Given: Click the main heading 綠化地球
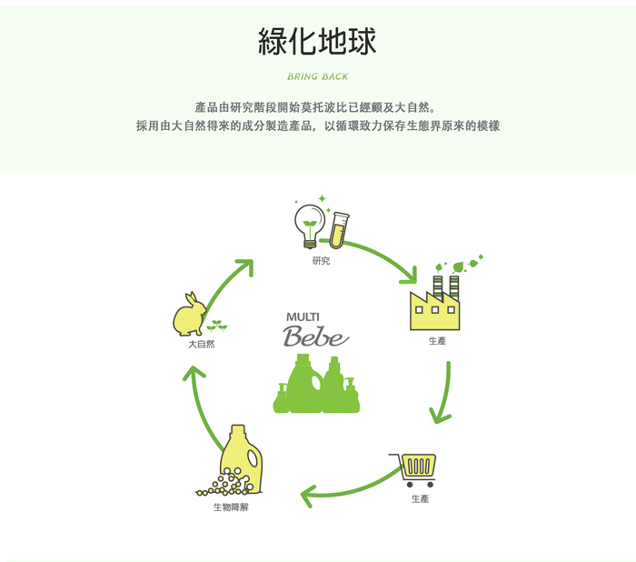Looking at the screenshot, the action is tap(317, 41).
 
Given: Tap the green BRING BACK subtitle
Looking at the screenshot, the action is tap(318, 76).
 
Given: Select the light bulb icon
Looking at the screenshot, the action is tap(310, 226).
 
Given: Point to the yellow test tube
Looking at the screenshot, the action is tap(339, 230).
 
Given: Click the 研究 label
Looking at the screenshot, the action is tap(321, 261).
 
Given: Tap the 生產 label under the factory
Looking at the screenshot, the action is tap(437, 341).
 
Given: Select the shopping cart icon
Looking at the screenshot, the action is tap(412, 470).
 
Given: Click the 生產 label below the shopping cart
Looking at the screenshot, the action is tap(420, 498).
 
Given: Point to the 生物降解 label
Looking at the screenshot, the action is tap(231, 507).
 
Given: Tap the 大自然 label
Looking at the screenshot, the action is tap(201, 345).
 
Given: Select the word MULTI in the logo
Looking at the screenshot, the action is tap(303, 317).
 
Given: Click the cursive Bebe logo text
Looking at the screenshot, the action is tap(315, 336).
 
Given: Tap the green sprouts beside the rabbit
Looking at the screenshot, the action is tap(217, 325).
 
